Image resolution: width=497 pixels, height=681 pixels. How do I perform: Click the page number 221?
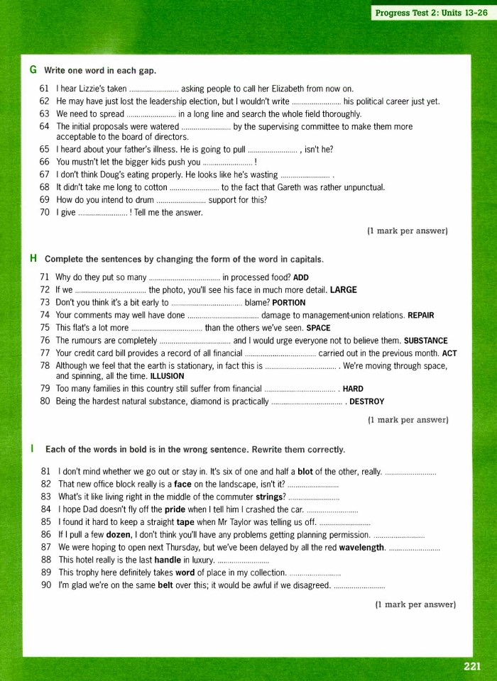coord(472,665)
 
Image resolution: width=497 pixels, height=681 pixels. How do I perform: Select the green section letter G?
coord(33,70)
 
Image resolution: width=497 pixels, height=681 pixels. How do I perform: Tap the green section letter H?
coord(33,258)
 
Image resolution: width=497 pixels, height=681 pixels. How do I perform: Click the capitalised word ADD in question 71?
coord(301,277)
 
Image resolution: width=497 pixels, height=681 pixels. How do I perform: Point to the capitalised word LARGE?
coord(344,290)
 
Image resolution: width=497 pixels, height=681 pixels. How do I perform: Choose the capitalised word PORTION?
coord(288,303)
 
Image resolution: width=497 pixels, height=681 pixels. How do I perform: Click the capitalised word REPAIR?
coord(420,315)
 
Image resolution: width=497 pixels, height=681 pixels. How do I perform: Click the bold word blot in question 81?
coord(305,471)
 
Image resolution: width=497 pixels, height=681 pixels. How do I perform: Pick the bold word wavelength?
coord(361,548)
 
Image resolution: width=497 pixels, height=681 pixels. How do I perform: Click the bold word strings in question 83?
coord(269,497)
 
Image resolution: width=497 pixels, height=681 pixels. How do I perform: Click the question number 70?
coord(44,212)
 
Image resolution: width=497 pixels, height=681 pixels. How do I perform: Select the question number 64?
coord(44,126)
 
